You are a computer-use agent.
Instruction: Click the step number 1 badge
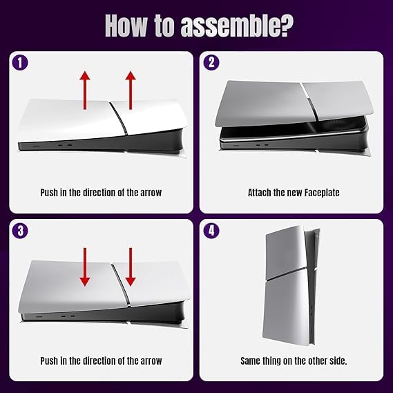tap(20, 62)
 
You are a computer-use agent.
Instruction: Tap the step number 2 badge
tap(211, 62)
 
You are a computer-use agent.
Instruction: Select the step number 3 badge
tap(20, 231)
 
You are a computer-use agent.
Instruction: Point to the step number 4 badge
tap(211, 231)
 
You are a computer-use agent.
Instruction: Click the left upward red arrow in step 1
tap(85, 90)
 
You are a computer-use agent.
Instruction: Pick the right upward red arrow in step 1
tap(131, 90)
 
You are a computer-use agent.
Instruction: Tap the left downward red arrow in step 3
tap(85, 267)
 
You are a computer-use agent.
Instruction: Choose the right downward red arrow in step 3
tap(131, 267)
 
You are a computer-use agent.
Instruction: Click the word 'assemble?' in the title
tap(237, 26)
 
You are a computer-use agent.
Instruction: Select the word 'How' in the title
tap(126, 26)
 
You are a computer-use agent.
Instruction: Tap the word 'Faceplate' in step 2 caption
tap(322, 193)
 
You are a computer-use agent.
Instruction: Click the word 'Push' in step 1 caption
tap(49, 193)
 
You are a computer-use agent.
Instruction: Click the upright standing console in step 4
tap(290, 285)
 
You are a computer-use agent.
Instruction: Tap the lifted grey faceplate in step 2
tap(294, 103)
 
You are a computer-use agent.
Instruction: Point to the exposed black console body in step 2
tap(294, 140)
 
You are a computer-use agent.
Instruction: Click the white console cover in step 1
tap(100, 119)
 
